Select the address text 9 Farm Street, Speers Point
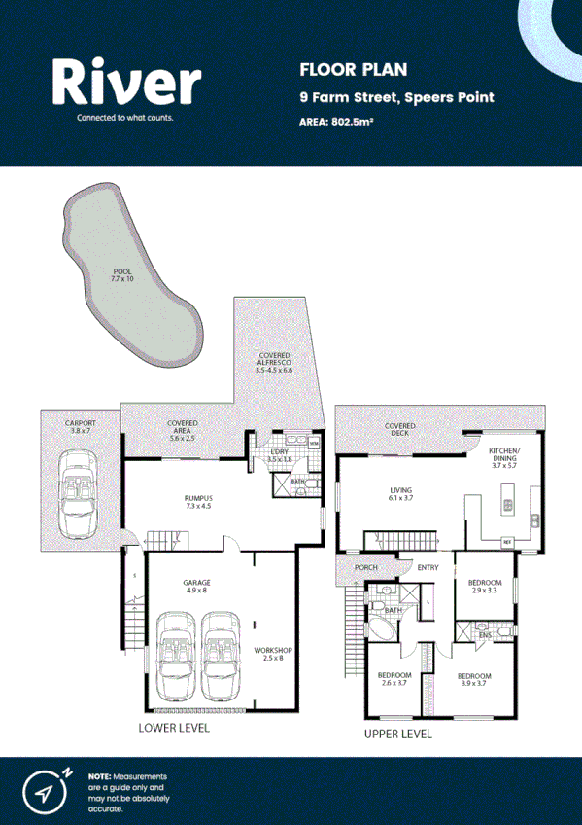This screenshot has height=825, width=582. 396,97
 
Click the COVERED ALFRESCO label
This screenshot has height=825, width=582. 274,362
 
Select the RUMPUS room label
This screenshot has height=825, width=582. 198,501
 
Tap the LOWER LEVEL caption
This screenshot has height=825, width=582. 174,727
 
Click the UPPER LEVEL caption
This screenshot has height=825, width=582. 397,734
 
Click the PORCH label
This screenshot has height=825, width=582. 365,568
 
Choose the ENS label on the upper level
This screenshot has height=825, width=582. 484,635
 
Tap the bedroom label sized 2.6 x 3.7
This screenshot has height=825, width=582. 394,679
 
